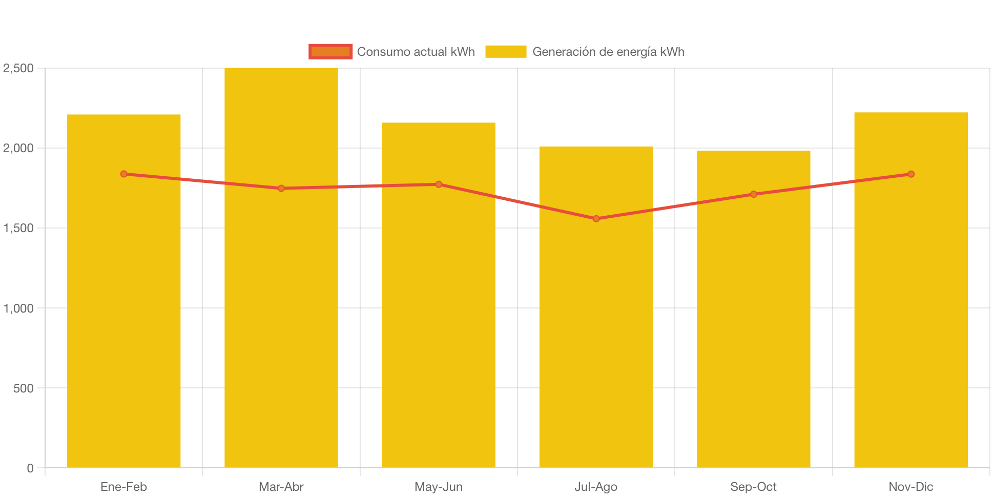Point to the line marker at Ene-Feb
[123, 174]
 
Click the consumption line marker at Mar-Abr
[281, 189]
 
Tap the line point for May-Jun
[439, 184]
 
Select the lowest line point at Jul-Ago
[596, 219]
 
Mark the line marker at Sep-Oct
[753, 194]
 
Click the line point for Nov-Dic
[910, 174]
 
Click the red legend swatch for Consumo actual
[330, 52]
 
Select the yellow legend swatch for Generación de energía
[505, 52]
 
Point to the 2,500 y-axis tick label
[18, 68]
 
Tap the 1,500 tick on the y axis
[18, 228]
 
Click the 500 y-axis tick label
[23, 388]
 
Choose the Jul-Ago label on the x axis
[596, 487]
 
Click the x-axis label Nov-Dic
[910, 487]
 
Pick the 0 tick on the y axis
[30, 468]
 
